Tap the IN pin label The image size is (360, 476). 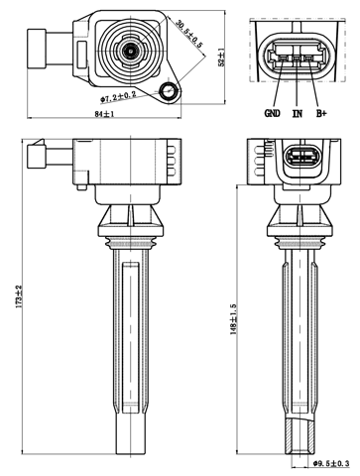coord(296,113)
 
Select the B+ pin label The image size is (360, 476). coord(320,113)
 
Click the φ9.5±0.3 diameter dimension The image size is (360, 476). coord(330,462)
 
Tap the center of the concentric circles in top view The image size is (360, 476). coord(129,48)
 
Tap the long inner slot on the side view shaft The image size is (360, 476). coord(131,327)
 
